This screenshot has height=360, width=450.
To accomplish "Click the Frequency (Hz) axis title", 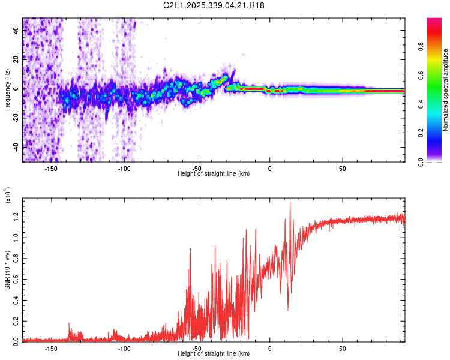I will click(x=7, y=89).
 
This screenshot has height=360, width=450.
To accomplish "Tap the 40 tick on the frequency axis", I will click(x=17, y=31).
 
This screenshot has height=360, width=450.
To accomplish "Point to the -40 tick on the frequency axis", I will click(x=16, y=147).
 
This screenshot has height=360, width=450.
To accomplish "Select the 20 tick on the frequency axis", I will click(x=17, y=59).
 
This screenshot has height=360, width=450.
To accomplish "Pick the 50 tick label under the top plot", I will click(x=342, y=167).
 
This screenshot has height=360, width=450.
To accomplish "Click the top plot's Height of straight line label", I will click(x=214, y=173).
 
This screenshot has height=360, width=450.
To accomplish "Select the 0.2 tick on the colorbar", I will click(x=439, y=133).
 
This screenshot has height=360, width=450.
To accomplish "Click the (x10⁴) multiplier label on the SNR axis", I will click(x=8, y=196).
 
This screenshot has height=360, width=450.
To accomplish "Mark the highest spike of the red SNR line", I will click(x=290, y=200).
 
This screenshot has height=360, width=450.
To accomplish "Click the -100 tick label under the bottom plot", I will click(x=124, y=349).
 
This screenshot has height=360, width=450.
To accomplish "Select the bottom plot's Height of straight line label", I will click(x=214, y=355).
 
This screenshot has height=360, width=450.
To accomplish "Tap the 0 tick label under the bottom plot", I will click(x=269, y=349).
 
